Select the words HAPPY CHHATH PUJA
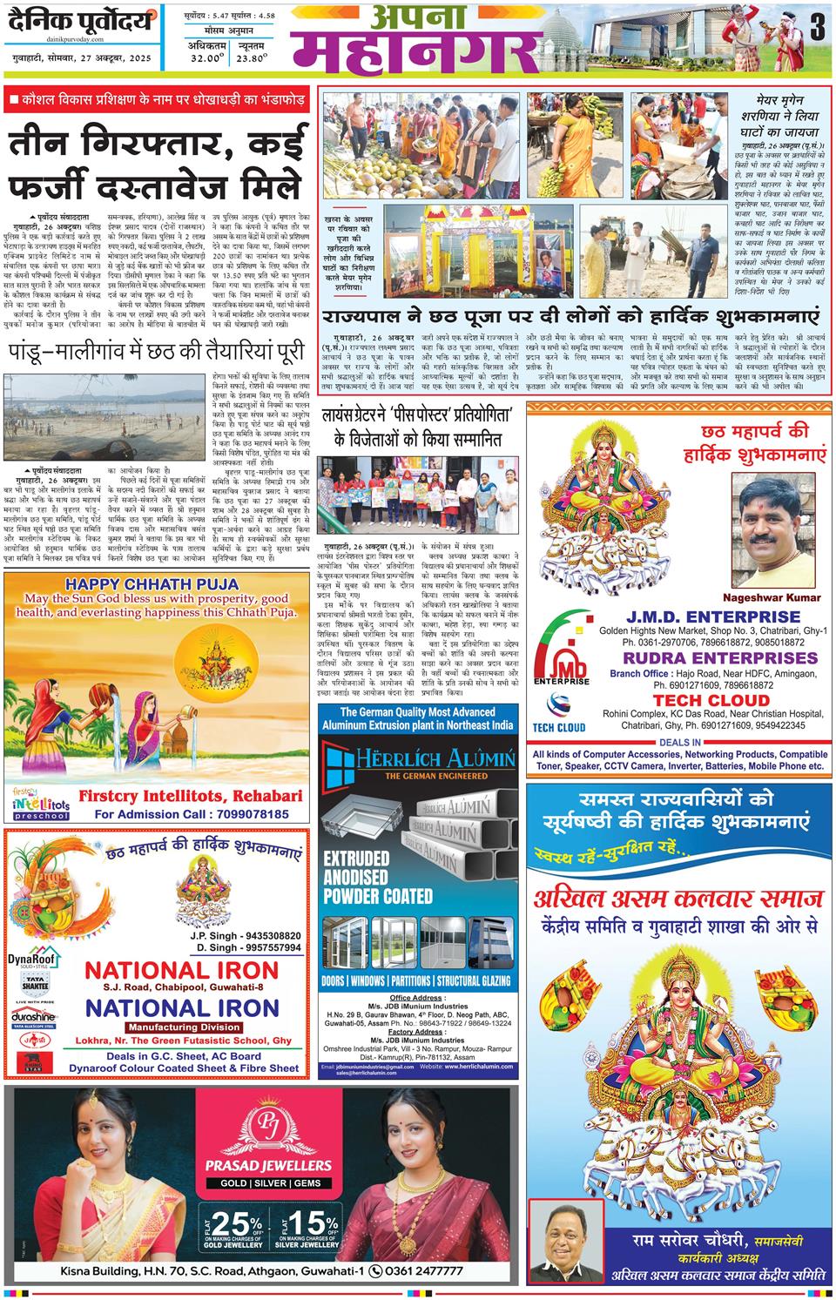coord(156,583)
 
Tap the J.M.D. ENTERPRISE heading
coord(711,616)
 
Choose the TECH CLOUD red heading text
coord(711,699)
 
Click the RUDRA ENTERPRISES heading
coord(711,657)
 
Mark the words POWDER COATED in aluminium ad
coord(377,895)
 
